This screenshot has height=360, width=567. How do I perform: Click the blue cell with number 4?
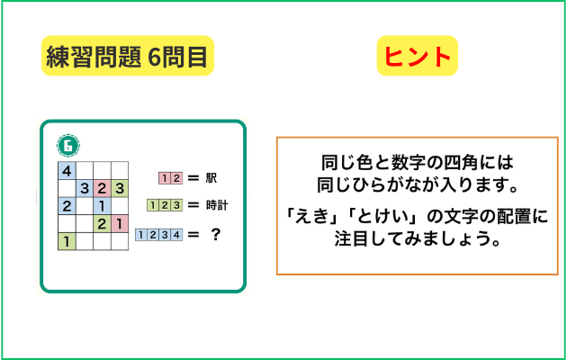(x=67, y=170)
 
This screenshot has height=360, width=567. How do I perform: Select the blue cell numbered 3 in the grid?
(x=85, y=188)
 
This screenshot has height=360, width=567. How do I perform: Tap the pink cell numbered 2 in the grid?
(x=102, y=188)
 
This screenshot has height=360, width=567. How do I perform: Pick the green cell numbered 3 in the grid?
(x=120, y=188)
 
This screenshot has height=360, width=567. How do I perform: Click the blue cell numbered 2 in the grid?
(x=67, y=206)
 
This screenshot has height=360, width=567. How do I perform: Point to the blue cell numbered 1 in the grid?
(x=102, y=206)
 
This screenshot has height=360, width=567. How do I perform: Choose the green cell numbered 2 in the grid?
(x=102, y=223)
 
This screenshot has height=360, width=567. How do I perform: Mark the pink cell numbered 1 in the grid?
(x=120, y=223)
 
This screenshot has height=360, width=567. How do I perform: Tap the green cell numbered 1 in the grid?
(x=67, y=241)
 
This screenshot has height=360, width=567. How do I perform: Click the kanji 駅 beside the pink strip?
(x=211, y=178)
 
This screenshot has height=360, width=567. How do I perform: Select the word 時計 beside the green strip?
(x=217, y=205)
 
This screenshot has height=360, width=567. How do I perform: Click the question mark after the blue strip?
(x=215, y=235)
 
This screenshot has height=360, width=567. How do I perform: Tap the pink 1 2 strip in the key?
(x=170, y=178)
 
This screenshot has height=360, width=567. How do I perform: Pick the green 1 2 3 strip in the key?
(x=165, y=205)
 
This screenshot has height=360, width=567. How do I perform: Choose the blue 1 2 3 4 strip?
(x=158, y=235)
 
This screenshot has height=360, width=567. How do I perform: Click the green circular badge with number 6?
(x=68, y=146)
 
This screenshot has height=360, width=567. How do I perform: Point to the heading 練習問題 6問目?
(x=127, y=56)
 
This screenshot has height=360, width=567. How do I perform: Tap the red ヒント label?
(x=418, y=56)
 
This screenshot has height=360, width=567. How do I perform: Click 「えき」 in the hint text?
(x=311, y=217)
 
